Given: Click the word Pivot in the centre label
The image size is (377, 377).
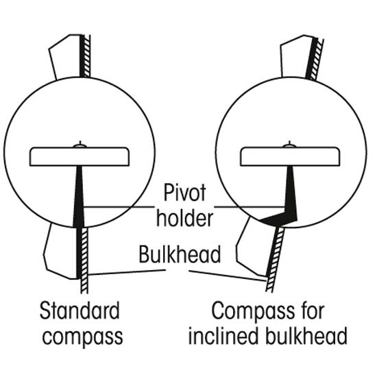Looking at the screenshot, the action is click(x=184, y=193).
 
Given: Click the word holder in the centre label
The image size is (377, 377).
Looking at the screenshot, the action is click(x=184, y=218).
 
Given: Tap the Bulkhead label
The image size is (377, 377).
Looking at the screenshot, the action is click(x=180, y=254).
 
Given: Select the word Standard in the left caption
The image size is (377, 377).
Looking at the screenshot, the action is click(x=80, y=311).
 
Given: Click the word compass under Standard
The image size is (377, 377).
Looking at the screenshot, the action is click(x=82, y=337).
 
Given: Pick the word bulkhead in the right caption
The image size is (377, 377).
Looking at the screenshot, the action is click(x=306, y=335).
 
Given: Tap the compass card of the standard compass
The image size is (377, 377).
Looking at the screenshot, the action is click(x=80, y=156).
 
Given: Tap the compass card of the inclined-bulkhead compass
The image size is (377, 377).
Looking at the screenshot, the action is click(x=290, y=156).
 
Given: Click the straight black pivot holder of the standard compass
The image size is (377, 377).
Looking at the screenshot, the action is click(x=79, y=197).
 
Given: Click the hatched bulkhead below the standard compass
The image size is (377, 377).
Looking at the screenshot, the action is click(x=84, y=260).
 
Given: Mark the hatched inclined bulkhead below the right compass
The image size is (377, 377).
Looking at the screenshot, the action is click(x=275, y=260).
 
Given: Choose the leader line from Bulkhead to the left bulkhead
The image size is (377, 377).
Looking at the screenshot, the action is click(x=127, y=272).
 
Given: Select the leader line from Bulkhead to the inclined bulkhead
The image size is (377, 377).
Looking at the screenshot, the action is click(x=228, y=276).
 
